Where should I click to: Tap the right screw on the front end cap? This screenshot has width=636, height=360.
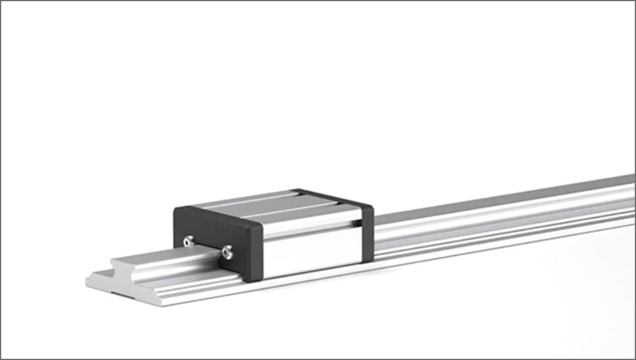pos(227,253)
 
